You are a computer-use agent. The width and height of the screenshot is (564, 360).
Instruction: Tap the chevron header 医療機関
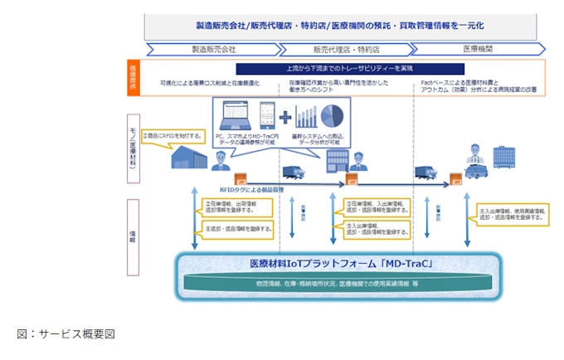pyautogui.click(x=478, y=50)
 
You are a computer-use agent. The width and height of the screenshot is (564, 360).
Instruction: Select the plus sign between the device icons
pyautogui.click(x=285, y=115)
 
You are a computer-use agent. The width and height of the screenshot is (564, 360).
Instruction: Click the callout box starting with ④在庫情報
pyautogui.click(x=375, y=206)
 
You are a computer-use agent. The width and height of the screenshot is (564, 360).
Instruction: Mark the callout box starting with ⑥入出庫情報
pyautogui.click(x=511, y=215)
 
